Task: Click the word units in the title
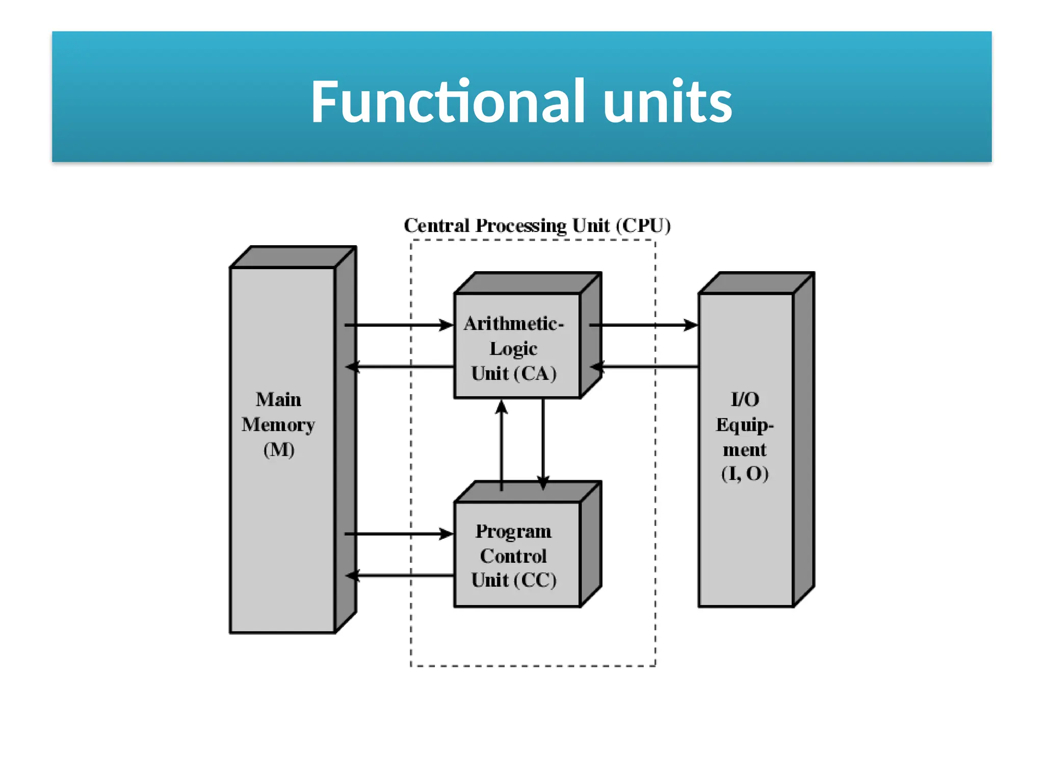click(667, 102)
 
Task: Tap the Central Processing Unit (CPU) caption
click(537, 225)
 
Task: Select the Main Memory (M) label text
click(278, 424)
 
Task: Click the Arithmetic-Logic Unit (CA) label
click(513, 348)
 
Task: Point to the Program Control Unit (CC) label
click(513, 556)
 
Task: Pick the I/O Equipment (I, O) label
click(745, 436)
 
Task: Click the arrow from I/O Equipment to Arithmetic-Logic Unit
click(644, 367)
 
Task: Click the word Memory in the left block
click(278, 425)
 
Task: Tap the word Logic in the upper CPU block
click(513, 349)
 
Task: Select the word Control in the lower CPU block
click(513, 556)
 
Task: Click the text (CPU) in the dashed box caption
click(643, 225)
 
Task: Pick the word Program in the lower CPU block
click(513, 531)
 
